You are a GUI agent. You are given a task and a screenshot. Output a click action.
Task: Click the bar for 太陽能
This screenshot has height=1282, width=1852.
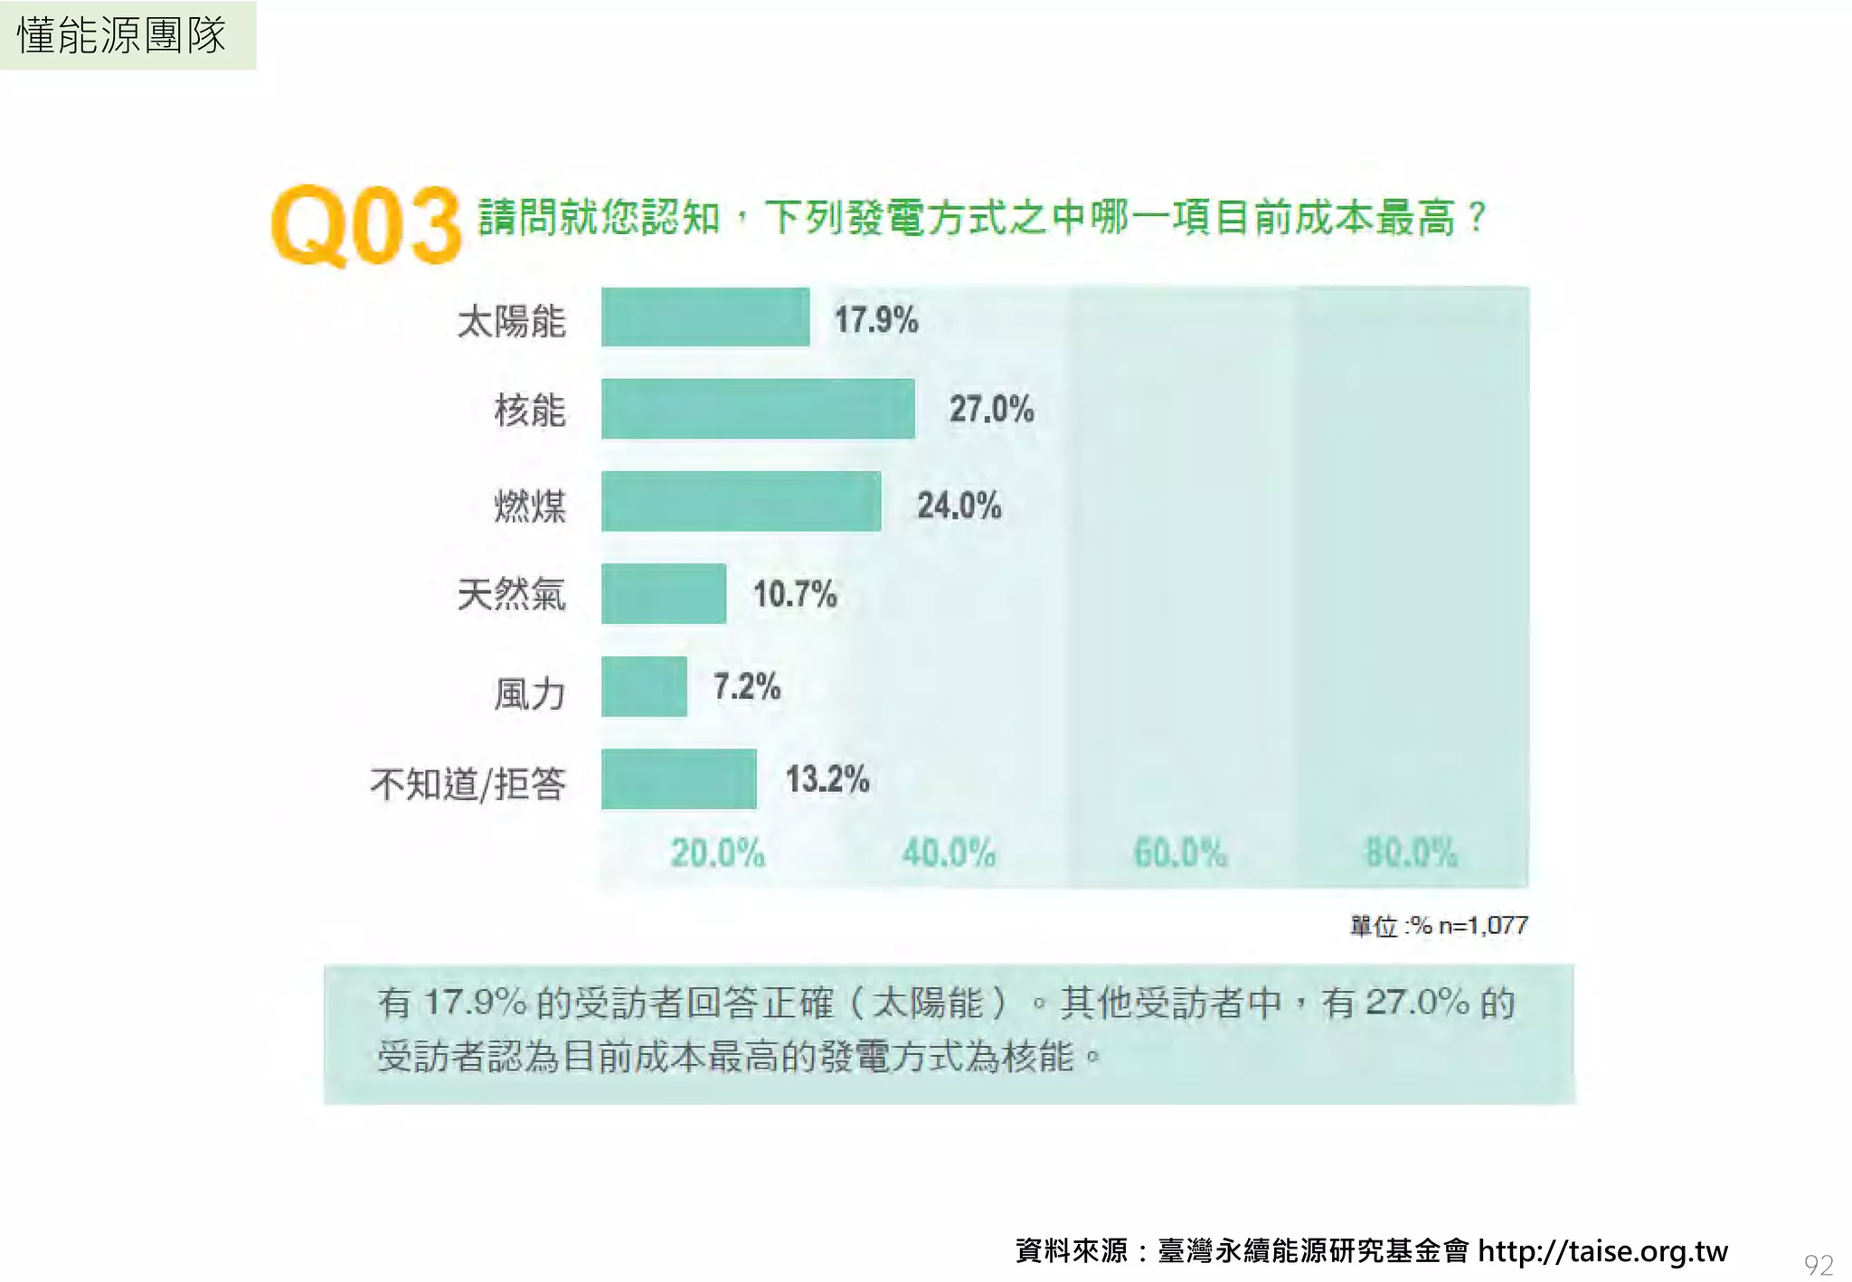tap(705, 317)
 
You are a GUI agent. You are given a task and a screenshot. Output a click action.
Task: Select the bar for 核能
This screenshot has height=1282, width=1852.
tap(758, 410)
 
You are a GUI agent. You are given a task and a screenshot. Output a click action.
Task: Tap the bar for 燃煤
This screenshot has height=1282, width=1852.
tap(741, 502)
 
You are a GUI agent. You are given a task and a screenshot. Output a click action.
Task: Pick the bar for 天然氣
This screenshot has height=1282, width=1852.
tap(664, 594)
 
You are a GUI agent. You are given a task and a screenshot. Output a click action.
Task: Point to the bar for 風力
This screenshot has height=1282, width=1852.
tap(644, 687)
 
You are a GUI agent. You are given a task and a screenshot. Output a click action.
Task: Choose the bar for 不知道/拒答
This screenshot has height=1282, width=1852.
tap(678, 779)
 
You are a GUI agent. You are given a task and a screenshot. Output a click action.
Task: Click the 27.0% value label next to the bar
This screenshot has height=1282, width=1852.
tap(991, 410)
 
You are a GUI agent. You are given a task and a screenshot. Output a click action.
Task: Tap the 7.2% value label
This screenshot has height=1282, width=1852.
tap(746, 686)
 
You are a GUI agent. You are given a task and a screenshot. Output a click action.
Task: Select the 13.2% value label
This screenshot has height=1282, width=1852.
tap(827, 779)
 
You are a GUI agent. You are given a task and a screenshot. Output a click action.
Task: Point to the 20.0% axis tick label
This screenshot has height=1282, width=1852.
tap(717, 853)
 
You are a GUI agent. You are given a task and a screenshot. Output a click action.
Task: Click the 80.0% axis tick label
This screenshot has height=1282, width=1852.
tap(1411, 853)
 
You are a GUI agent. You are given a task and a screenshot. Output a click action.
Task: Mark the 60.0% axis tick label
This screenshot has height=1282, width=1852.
tap(1180, 853)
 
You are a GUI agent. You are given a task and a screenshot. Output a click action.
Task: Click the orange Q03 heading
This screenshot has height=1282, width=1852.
tap(366, 226)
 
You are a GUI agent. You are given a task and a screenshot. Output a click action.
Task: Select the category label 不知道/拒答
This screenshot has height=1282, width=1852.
tap(468, 784)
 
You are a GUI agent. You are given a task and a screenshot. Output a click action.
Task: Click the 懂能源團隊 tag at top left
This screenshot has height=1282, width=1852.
tap(123, 36)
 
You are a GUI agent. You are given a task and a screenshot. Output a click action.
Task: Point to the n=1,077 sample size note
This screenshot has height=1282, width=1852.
tap(1483, 926)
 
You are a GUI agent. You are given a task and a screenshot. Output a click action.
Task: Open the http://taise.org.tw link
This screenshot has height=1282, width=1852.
tap(1602, 1250)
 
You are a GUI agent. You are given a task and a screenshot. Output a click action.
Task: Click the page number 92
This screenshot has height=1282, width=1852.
tap(1818, 1264)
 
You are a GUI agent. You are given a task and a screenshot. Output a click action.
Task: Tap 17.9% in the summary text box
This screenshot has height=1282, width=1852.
tap(475, 1003)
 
